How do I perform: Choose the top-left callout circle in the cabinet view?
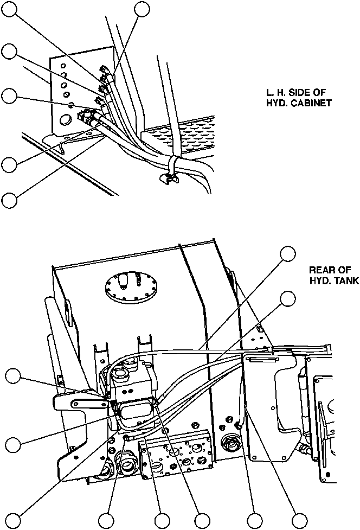coord(8,8)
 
